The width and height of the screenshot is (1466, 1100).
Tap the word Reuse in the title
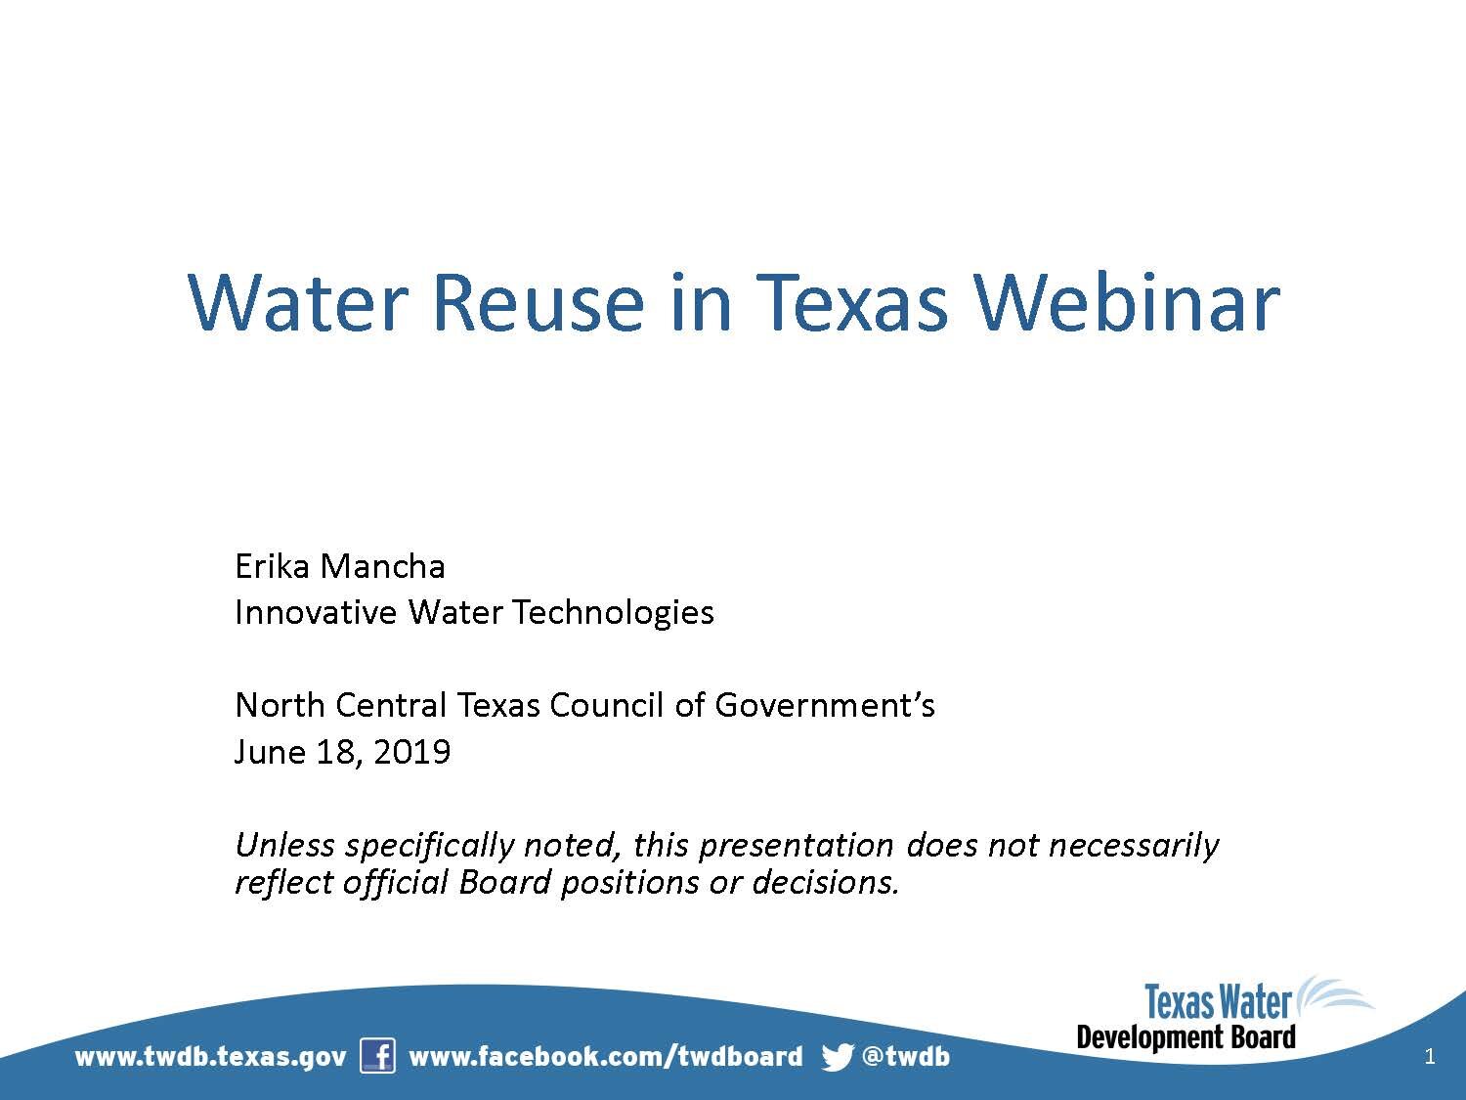coord(537,301)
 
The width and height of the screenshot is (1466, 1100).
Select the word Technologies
coord(613,612)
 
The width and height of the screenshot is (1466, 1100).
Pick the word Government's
coord(825,705)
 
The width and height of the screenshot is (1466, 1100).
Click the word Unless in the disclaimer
coord(284,844)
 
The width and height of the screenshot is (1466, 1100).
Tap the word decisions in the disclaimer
coord(824,882)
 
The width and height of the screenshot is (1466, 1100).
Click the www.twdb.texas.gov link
coord(210,1057)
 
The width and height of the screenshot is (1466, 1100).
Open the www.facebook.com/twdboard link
coord(605,1057)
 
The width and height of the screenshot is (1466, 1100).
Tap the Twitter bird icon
coord(838,1057)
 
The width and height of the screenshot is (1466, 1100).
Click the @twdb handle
coord(905,1057)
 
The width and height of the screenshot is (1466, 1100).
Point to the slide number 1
coord(1430,1056)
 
